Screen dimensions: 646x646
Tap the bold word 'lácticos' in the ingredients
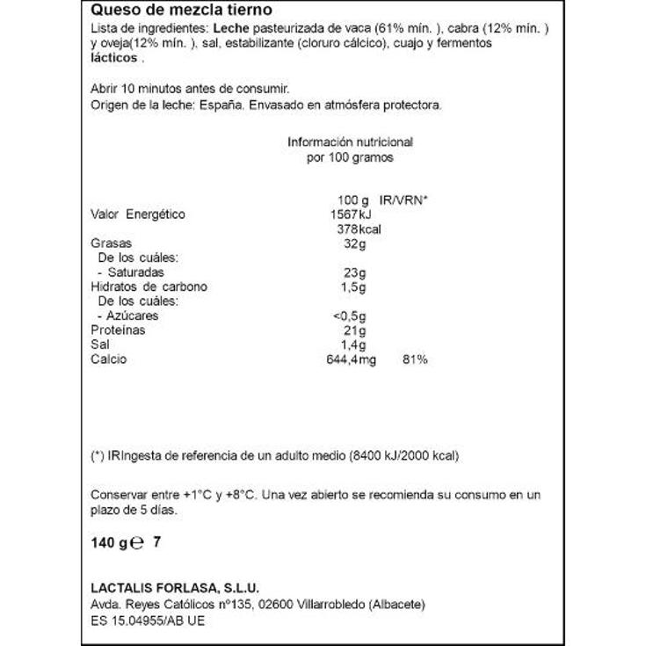click(114, 58)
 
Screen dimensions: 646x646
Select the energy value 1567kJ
click(351, 214)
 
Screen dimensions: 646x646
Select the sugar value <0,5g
click(350, 316)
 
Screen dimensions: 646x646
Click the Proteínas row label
click(118, 330)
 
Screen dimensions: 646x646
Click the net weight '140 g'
click(109, 543)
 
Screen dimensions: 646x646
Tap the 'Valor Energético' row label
click(138, 214)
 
